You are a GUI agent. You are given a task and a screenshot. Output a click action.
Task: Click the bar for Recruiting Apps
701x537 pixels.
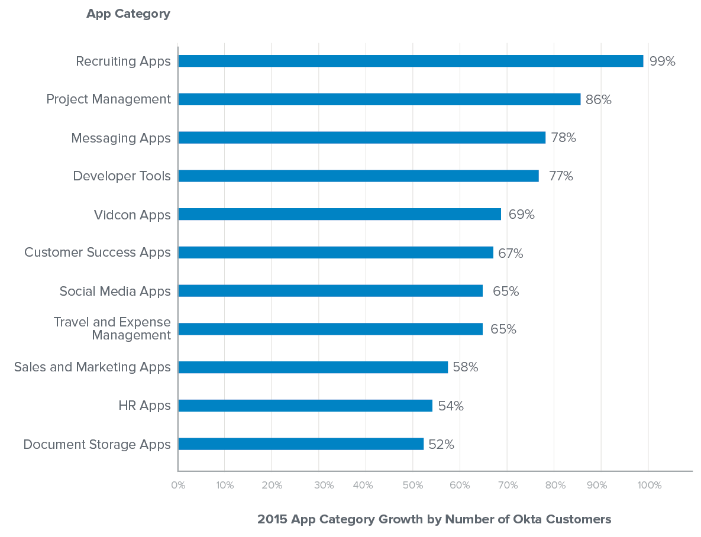411,61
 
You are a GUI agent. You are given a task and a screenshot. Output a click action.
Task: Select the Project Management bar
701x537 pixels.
379,99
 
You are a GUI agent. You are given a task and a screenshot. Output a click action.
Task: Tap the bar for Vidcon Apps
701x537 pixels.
340,214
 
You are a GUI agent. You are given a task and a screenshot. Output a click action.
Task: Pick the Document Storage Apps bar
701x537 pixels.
301,444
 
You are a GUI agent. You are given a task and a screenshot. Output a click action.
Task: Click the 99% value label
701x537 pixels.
662,61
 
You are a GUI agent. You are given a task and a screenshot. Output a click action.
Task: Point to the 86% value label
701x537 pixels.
598,100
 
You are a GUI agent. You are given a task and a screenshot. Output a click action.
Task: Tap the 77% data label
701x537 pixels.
561,176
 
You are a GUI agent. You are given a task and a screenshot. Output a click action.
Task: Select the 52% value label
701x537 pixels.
441,445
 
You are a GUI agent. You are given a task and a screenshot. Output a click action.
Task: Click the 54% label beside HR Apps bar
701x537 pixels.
450,406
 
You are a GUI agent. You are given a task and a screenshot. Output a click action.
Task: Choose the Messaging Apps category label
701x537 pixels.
121,138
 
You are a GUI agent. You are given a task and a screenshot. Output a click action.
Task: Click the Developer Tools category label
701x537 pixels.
122,176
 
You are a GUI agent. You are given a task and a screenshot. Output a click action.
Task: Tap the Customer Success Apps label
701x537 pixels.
98,253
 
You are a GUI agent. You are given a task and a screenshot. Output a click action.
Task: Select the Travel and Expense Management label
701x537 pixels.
112,329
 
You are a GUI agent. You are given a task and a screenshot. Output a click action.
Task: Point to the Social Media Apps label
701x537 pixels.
115,292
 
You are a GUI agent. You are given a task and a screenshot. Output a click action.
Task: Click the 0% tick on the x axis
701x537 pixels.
178,486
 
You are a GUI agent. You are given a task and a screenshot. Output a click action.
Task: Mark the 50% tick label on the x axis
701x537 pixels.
412,486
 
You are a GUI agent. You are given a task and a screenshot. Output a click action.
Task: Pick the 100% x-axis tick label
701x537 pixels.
650,486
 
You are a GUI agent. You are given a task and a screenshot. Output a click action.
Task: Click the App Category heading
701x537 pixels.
128,14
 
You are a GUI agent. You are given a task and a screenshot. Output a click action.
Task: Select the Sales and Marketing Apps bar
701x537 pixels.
313,367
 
